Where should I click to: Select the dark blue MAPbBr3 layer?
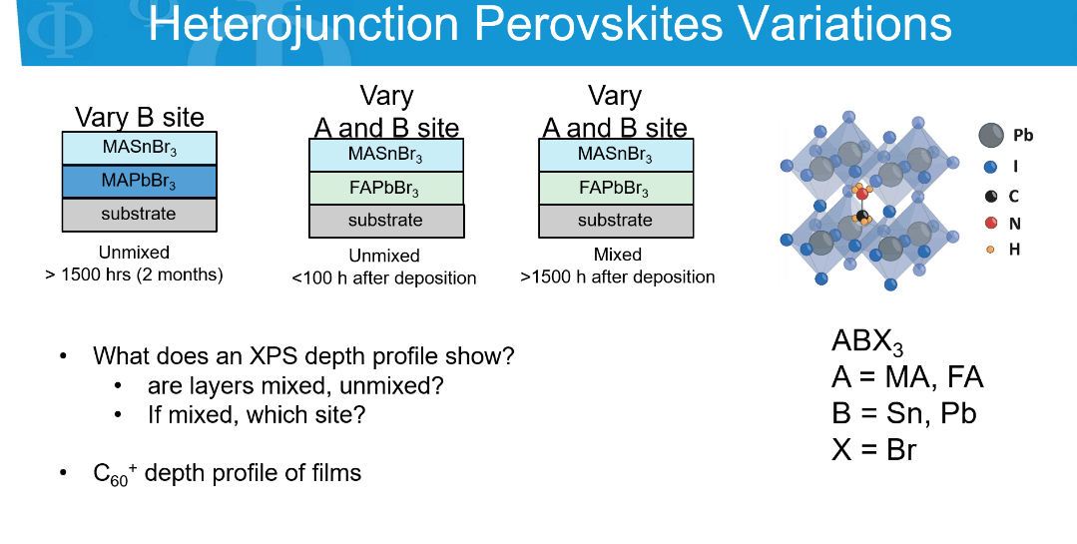pyautogui.click(x=140, y=182)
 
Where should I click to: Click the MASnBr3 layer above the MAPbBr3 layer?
pyautogui.click(x=140, y=149)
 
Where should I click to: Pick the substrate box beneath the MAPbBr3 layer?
pyautogui.click(x=140, y=215)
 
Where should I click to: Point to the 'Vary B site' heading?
pyautogui.click(x=140, y=117)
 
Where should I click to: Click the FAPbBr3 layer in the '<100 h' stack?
pyautogui.click(x=386, y=189)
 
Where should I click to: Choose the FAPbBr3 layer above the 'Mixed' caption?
pyautogui.click(x=616, y=189)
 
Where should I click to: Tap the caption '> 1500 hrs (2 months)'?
pyautogui.click(x=134, y=274)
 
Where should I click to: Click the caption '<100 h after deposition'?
pyautogui.click(x=384, y=278)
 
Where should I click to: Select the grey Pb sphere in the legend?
pyautogui.click(x=991, y=136)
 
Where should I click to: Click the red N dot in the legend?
pyautogui.click(x=990, y=223)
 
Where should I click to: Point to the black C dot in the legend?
pyautogui.click(x=990, y=197)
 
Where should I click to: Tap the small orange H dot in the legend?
pyautogui.click(x=990, y=250)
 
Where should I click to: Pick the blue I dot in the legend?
pyautogui.click(x=990, y=167)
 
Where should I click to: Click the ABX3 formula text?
pyautogui.click(x=866, y=342)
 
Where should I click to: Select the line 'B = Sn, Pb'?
pyautogui.click(x=904, y=413)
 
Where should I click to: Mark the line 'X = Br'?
pyautogui.click(x=873, y=450)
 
